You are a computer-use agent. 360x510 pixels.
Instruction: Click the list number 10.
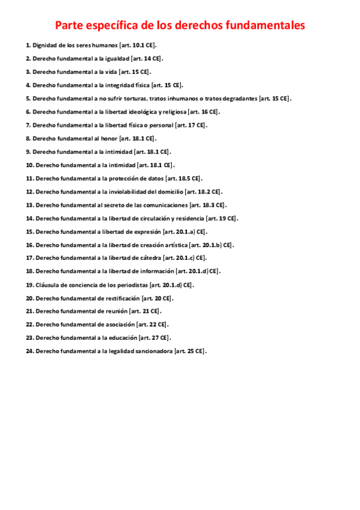[29, 165]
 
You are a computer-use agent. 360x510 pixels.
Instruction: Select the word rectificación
[121, 298]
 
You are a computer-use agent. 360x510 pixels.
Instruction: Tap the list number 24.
[29, 351]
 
